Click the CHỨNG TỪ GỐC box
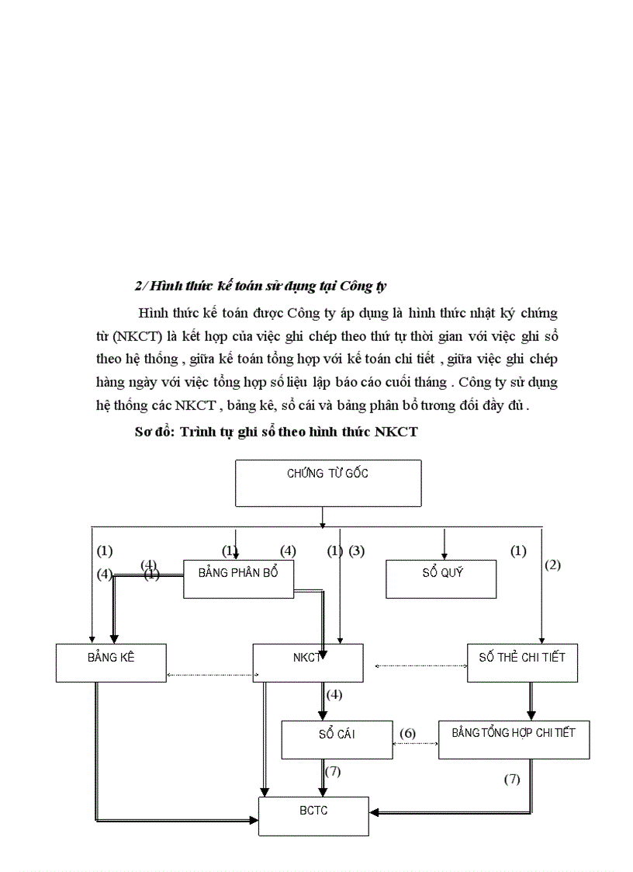[x=328, y=482]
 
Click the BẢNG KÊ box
[x=111, y=663]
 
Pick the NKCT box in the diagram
[x=308, y=663]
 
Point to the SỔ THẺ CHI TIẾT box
[x=522, y=663]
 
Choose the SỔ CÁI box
[x=337, y=739]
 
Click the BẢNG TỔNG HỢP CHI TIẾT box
[x=514, y=739]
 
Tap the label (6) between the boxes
[x=408, y=733]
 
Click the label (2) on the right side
[x=552, y=565]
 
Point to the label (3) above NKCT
[x=356, y=551]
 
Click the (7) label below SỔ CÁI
[x=333, y=772]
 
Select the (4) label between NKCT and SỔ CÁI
[x=334, y=694]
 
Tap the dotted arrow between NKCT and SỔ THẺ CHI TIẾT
[x=420, y=665]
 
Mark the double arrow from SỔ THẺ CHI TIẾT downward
[x=531, y=701]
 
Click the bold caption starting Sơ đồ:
[x=276, y=433]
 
